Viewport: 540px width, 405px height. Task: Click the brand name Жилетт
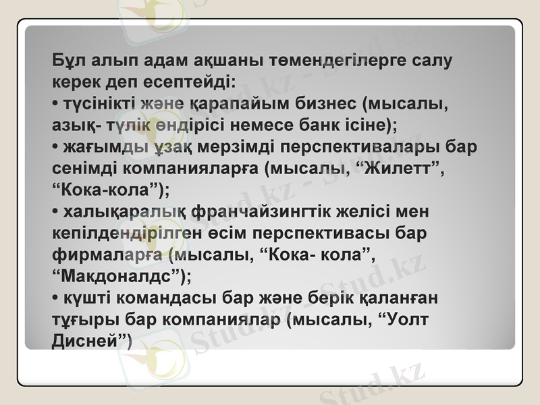click(399, 168)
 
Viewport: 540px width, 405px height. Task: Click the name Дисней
click(88, 341)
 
